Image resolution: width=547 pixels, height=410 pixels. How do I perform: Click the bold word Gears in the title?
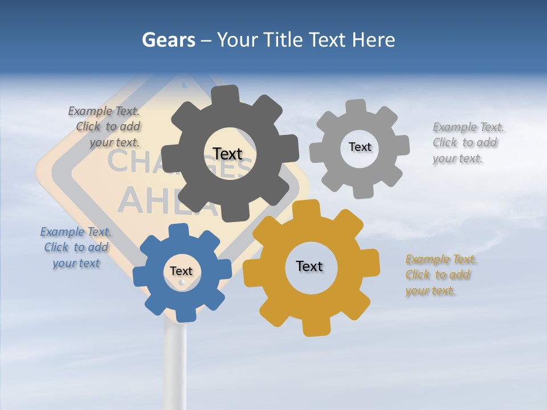(168, 40)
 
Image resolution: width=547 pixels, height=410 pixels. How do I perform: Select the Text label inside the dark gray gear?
(227, 154)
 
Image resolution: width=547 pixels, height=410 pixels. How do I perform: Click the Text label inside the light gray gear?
(360, 147)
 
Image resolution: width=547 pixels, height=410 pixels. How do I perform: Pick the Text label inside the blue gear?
(181, 271)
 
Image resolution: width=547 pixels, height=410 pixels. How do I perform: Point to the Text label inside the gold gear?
(309, 266)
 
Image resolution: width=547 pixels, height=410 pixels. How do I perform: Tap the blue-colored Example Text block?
(76, 248)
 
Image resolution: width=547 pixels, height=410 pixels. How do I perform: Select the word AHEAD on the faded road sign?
(171, 199)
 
